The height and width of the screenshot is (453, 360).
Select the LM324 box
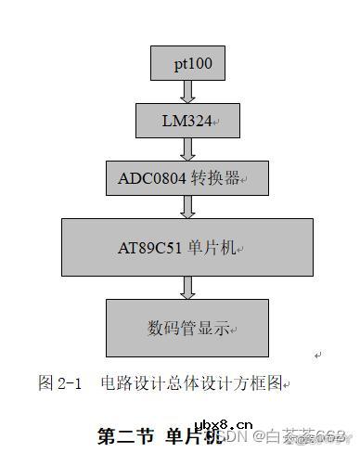[188, 120]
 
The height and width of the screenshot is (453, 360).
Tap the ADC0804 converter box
[187, 177]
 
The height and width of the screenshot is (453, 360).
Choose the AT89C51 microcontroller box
[187, 247]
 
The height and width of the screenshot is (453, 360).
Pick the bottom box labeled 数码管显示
[187, 327]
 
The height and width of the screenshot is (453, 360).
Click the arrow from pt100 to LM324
[188, 91]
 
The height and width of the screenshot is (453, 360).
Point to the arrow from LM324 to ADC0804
[188, 149]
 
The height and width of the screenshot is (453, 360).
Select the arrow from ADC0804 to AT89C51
[188, 207]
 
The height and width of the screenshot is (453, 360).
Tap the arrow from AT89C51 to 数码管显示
[188, 287]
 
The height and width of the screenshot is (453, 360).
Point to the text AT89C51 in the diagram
[151, 248]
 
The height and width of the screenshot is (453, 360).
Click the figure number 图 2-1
[61, 382]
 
